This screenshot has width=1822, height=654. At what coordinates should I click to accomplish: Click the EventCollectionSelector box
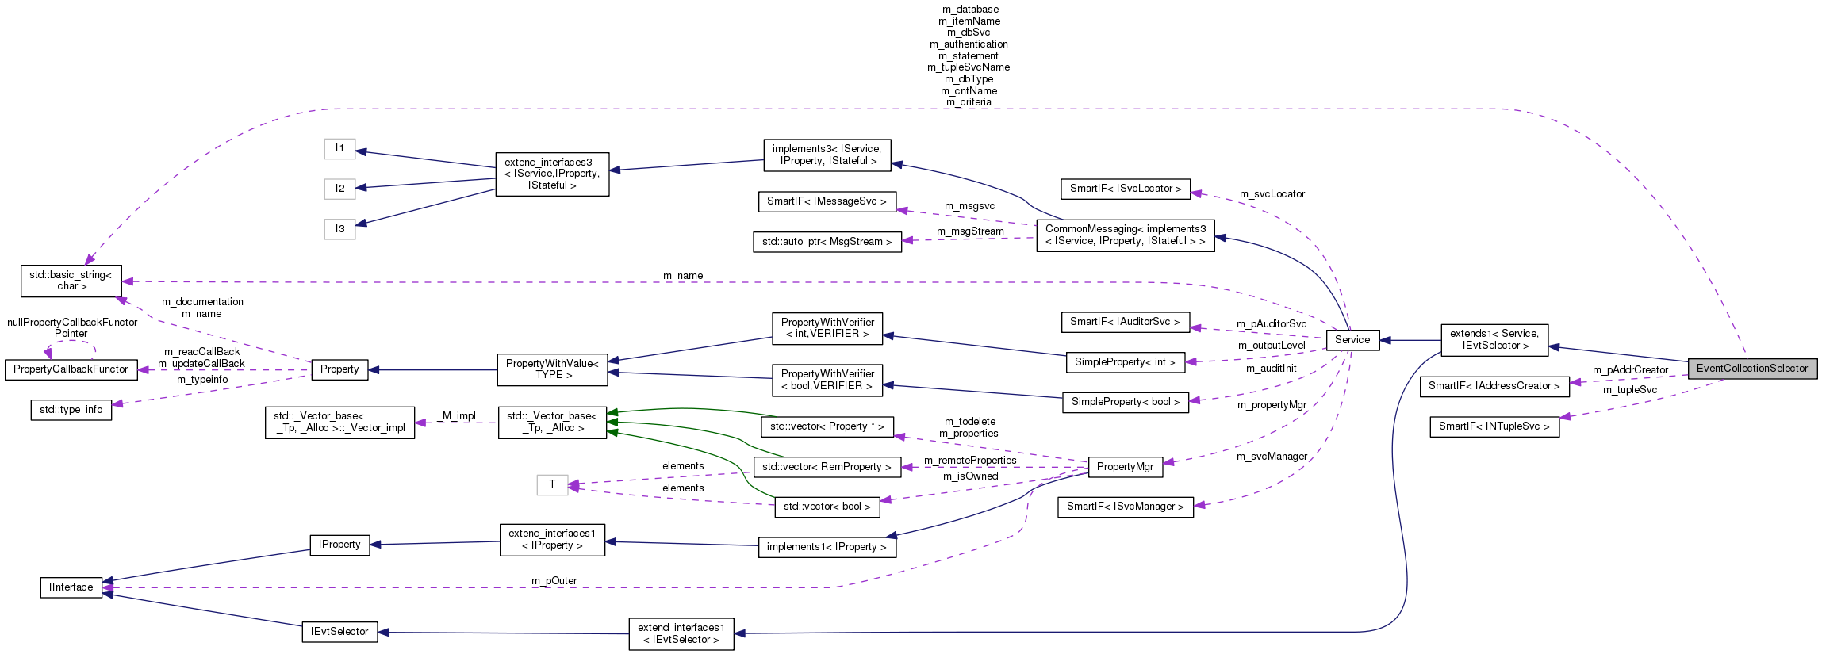click(1751, 369)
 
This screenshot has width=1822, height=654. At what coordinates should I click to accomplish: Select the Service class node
click(1352, 340)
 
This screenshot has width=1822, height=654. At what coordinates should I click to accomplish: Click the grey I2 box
click(339, 188)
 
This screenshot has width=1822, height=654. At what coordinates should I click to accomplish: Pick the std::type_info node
click(71, 410)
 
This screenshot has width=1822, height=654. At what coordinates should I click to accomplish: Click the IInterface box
click(71, 587)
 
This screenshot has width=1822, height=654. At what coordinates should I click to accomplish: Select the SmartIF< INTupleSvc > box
click(1493, 426)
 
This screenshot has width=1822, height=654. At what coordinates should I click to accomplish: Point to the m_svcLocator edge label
click(1272, 194)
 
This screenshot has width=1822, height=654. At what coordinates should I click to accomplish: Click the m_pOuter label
click(554, 581)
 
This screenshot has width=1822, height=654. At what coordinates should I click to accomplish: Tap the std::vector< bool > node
click(827, 507)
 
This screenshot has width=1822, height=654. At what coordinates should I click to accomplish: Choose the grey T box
click(552, 484)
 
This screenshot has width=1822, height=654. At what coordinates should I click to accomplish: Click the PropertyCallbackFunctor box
click(71, 369)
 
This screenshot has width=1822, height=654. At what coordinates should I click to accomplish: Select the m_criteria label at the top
click(969, 102)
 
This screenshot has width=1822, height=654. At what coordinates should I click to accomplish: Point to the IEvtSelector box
click(339, 632)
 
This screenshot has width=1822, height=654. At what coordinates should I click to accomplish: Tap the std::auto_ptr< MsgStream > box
click(827, 242)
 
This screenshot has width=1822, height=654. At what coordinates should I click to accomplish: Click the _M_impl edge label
click(456, 416)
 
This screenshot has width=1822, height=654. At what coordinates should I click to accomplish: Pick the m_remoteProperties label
click(969, 461)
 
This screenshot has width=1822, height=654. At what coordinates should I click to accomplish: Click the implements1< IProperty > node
click(827, 547)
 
